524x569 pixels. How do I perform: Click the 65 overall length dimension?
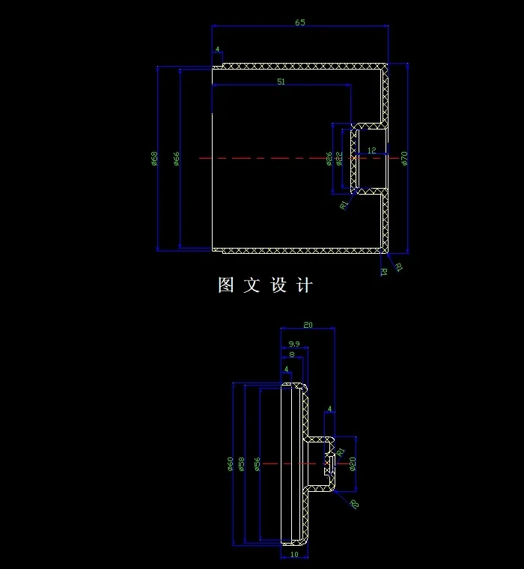299,22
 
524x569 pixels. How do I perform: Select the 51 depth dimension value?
281,82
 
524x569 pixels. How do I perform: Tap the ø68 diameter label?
154,158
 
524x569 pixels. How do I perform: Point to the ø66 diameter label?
177,158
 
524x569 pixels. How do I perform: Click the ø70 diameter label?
403,158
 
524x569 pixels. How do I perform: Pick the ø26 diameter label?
329,158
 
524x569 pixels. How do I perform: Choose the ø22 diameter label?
339,158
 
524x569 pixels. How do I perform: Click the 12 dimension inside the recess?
372,150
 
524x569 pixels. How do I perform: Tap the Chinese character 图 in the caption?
226,285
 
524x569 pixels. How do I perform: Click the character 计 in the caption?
304,285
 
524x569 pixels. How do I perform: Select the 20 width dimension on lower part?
308,325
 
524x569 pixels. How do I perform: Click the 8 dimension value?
291,354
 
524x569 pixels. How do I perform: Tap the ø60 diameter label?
231,464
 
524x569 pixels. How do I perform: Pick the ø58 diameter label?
241,464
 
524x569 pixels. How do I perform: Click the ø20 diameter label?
353,464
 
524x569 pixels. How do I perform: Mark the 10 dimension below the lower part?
293,555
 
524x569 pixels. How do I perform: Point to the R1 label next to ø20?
341,451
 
